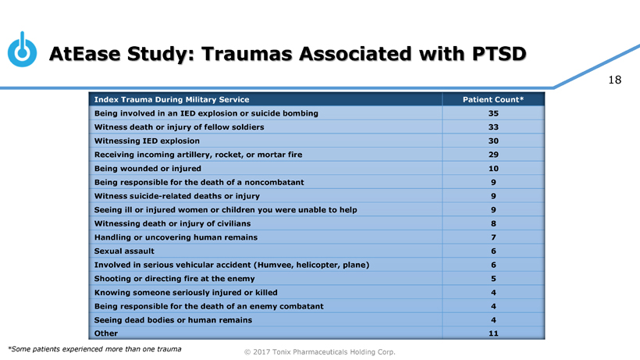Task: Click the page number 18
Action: pyautogui.click(x=614, y=80)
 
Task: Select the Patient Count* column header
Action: pyautogui.click(x=492, y=99)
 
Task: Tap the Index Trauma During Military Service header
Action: pyautogui.click(x=171, y=99)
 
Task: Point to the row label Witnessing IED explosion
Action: pyautogui.click(x=146, y=141)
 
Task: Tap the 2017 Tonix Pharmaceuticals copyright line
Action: pyautogui.click(x=320, y=352)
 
